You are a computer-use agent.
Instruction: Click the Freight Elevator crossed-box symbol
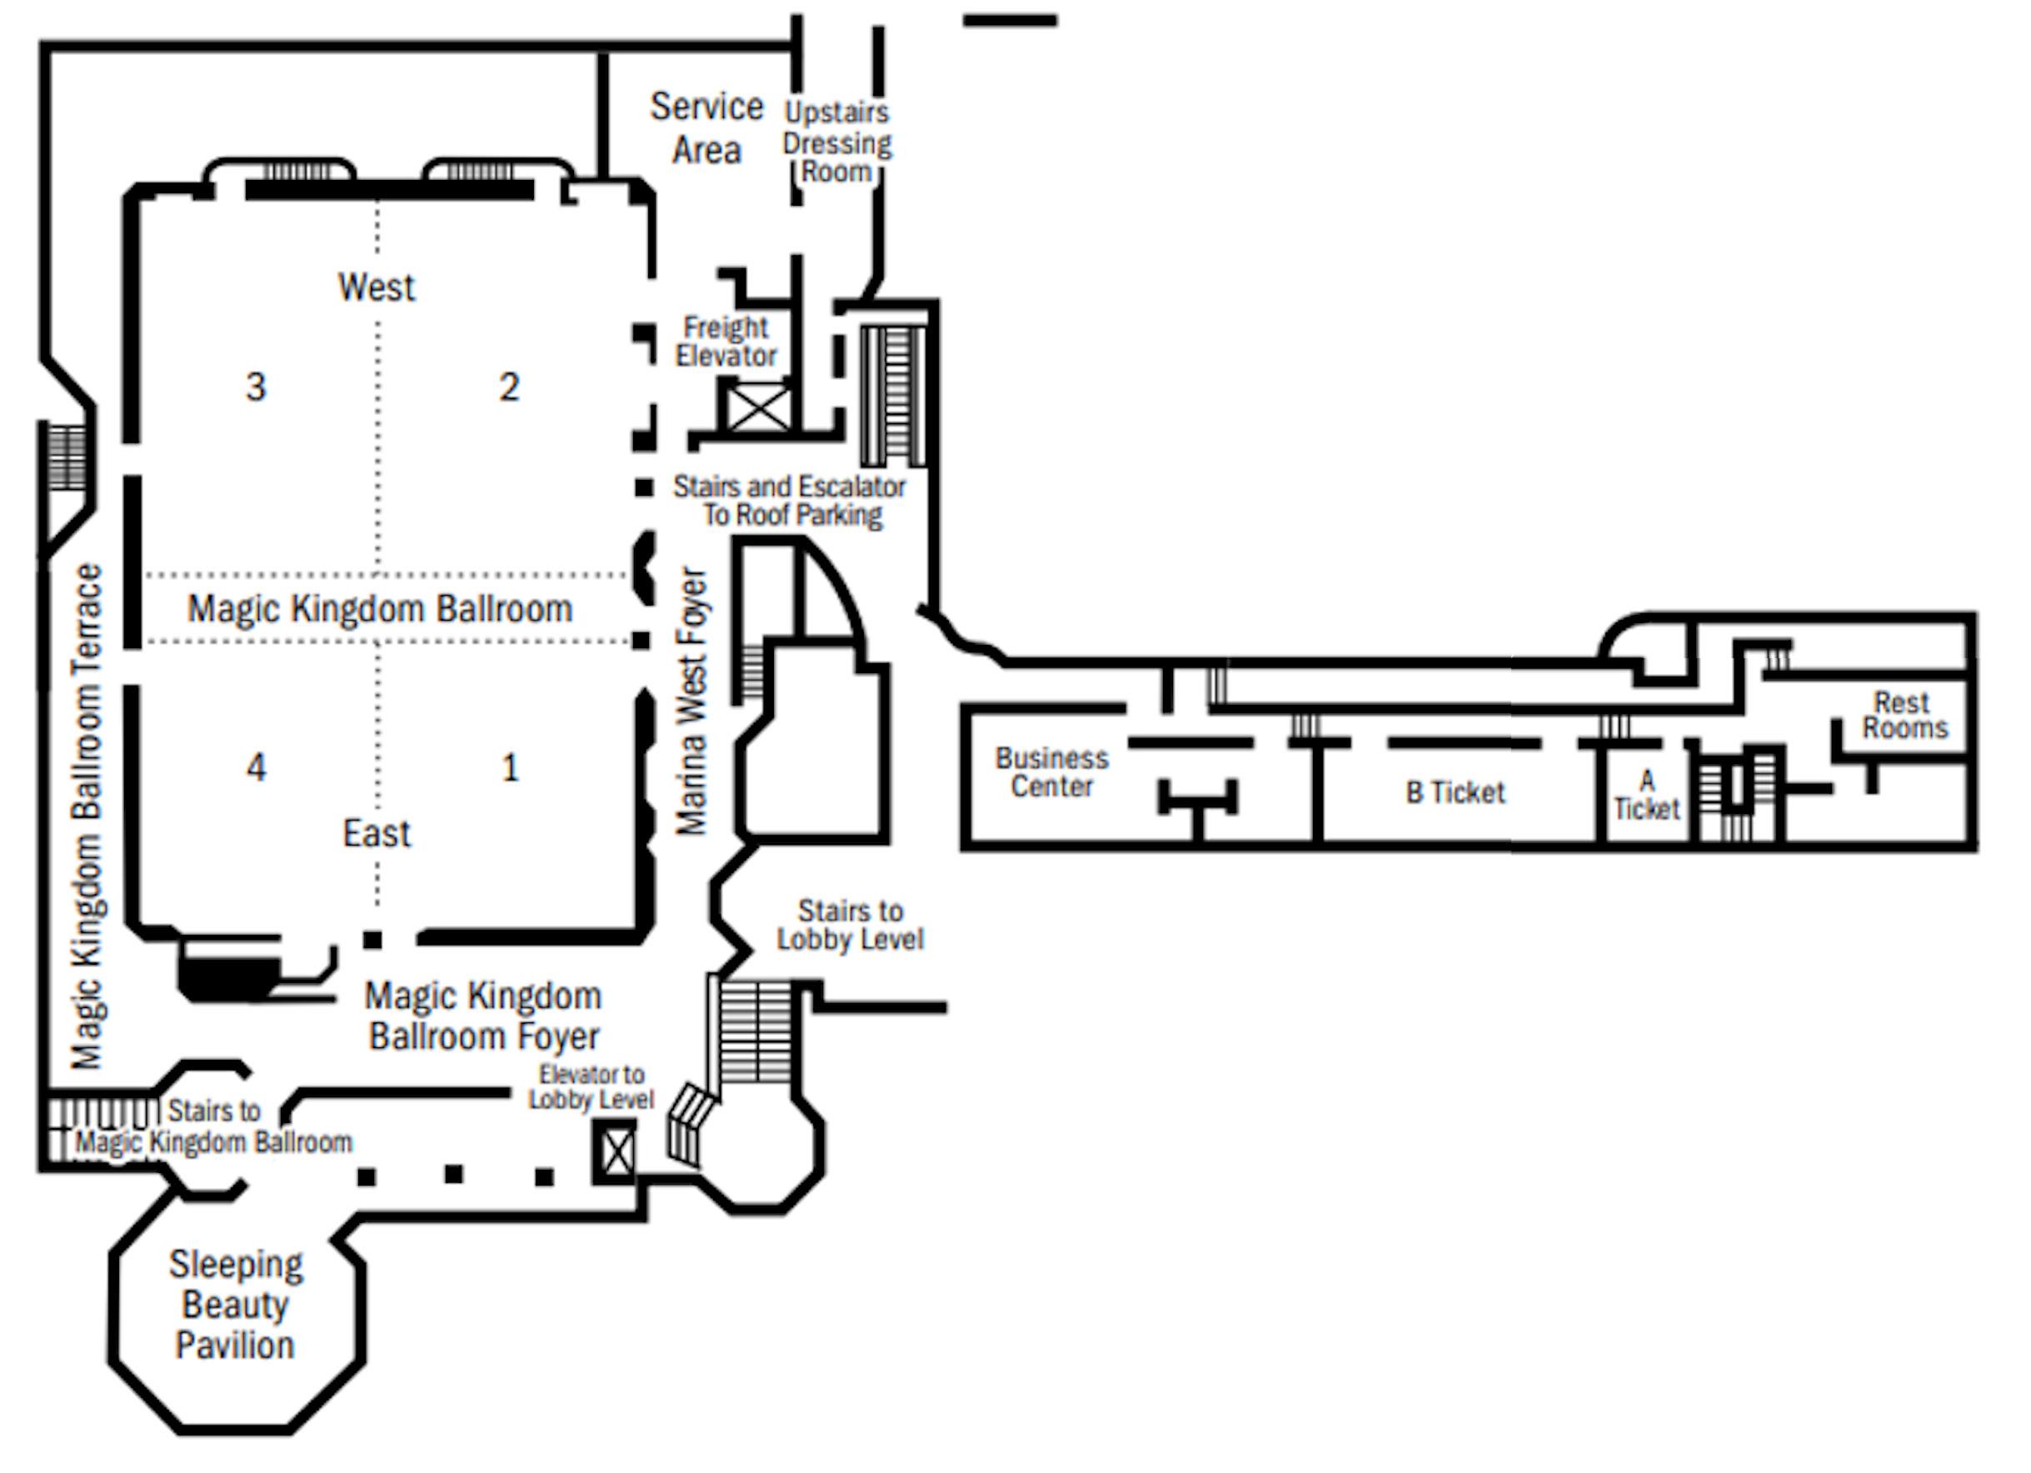pyautogui.click(x=758, y=408)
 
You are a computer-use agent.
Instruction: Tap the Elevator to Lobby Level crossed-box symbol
pyautogui.click(x=617, y=1151)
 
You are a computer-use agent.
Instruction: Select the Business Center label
pyautogui.click(x=1051, y=771)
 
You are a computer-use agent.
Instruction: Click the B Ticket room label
pyautogui.click(x=1455, y=792)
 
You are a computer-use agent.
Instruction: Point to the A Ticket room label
pyautogui.click(x=1646, y=796)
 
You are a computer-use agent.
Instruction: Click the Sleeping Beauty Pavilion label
pyautogui.click(x=237, y=1305)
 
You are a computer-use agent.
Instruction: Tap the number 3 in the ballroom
pyautogui.click(x=256, y=387)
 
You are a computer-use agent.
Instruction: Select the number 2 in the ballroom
pyautogui.click(x=509, y=387)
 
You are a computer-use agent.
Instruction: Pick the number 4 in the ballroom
pyautogui.click(x=256, y=767)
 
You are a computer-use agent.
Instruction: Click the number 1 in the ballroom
pyautogui.click(x=510, y=767)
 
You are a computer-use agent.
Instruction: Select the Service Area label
pyautogui.click(x=706, y=128)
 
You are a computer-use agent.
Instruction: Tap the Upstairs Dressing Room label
pyautogui.click(x=837, y=142)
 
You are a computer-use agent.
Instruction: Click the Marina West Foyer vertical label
pyautogui.click(x=691, y=702)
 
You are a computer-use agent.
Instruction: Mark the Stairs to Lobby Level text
pyautogui.click(x=850, y=925)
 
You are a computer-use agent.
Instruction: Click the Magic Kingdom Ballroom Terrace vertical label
pyautogui.click(x=87, y=816)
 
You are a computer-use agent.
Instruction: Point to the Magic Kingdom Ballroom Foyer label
pyautogui.click(x=483, y=1016)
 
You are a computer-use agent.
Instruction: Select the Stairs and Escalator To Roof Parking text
pyautogui.click(x=789, y=501)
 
